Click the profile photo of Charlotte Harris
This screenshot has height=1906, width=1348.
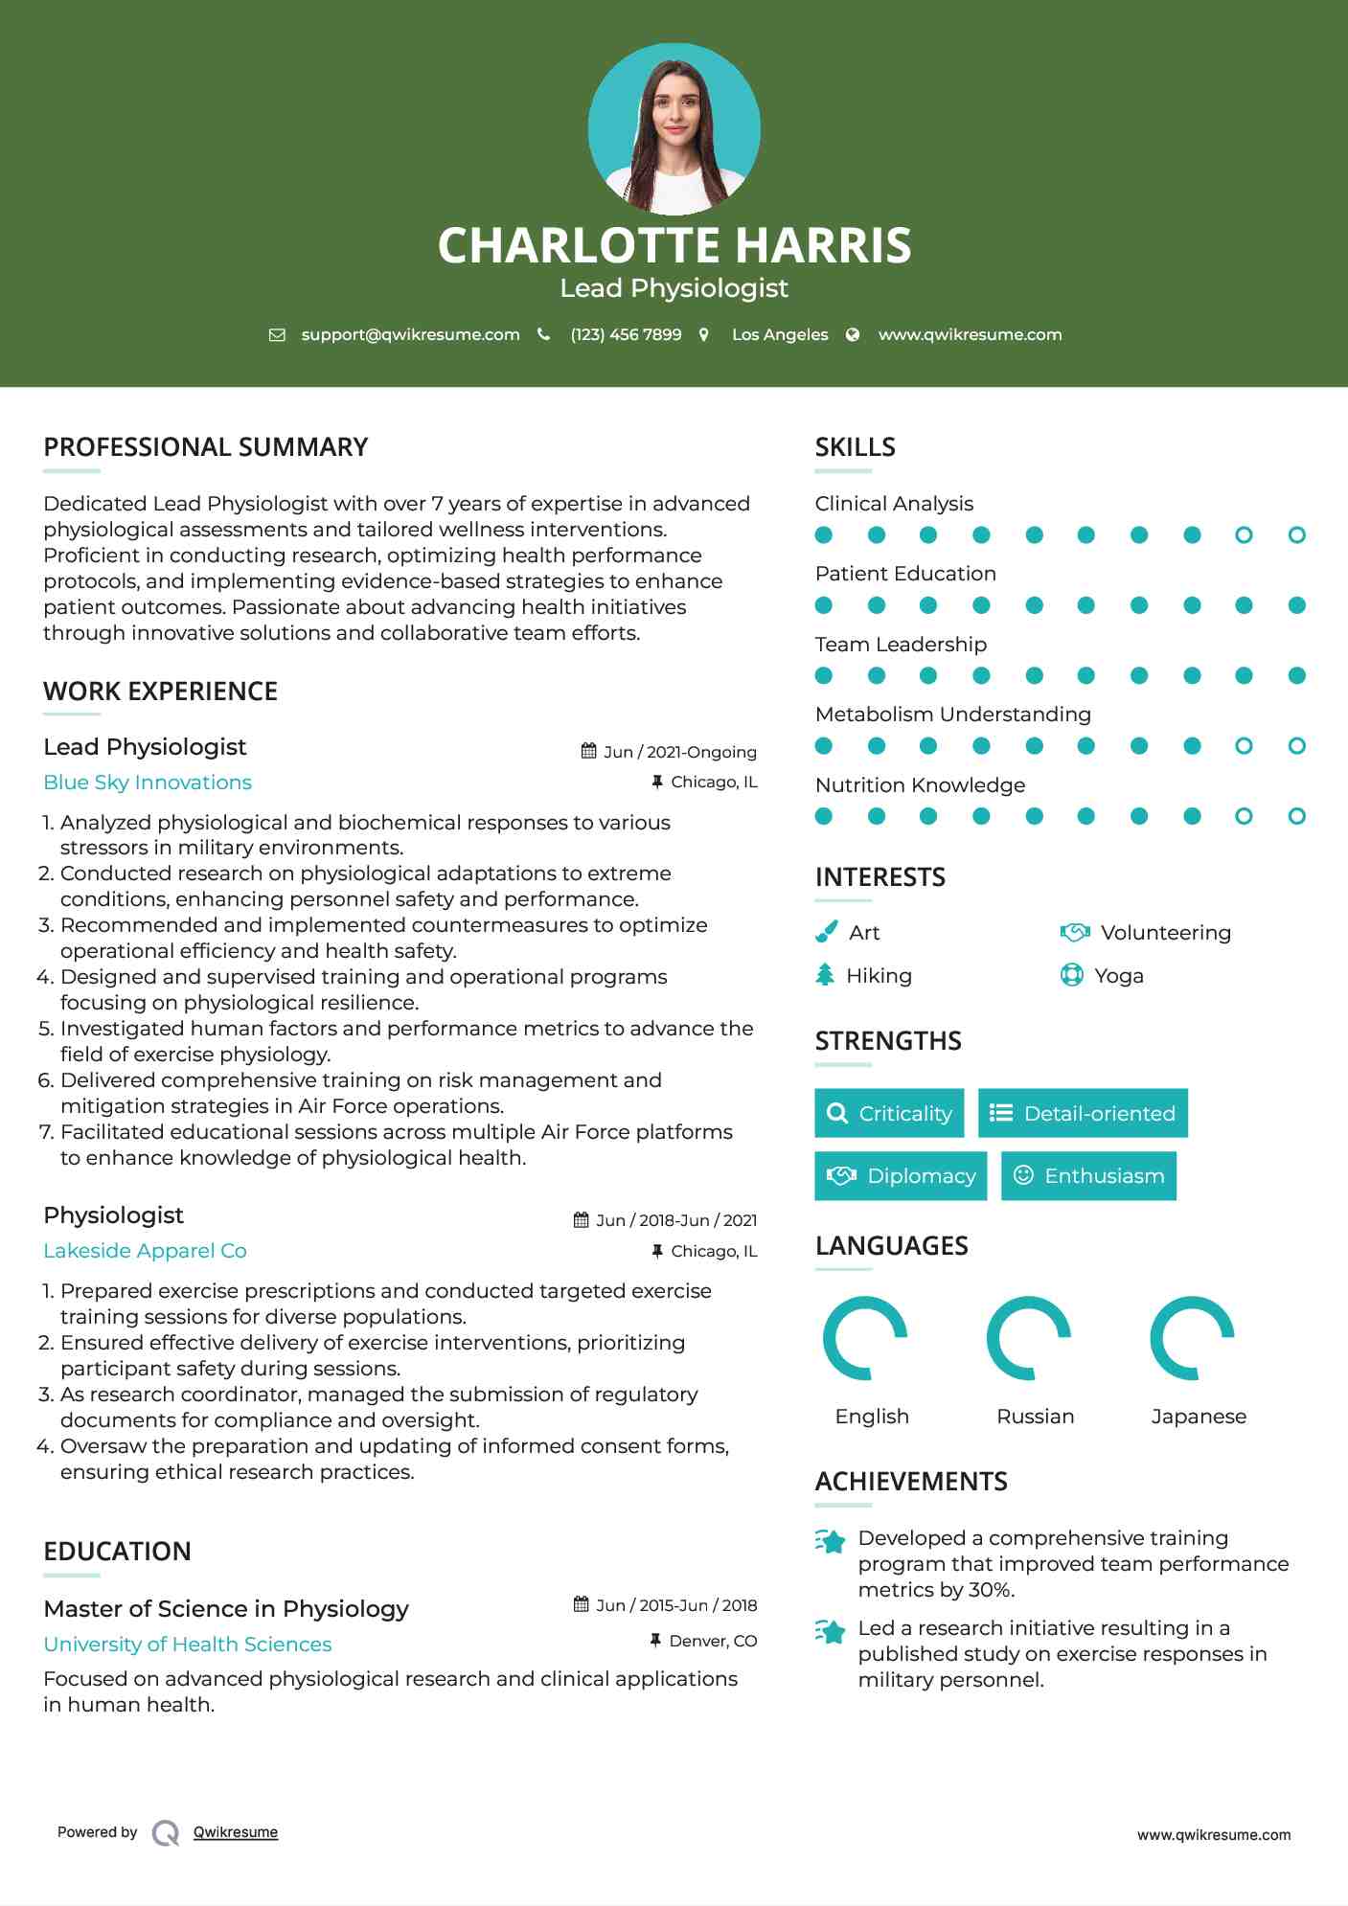point(674,129)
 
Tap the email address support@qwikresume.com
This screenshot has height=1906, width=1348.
point(410,334)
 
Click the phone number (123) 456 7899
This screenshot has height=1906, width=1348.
point(626,334)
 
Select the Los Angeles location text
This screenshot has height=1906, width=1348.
point(779,334)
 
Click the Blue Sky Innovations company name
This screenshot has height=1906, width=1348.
point(148,783)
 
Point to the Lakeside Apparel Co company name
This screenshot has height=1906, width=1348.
point(145,1251)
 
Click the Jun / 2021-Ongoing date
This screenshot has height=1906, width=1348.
point(679,752)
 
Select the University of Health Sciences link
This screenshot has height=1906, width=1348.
point(188,1645)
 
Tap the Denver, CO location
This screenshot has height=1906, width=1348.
point(713,1641)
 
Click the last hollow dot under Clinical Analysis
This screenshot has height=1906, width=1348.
point(1296,535)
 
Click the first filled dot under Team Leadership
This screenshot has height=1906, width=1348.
point(824,676)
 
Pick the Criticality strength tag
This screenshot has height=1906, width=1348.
point(889,1113)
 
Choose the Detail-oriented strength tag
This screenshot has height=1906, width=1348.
point(1083,1113)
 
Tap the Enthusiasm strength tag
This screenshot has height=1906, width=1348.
point(1088,1176)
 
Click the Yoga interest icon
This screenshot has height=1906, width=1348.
point(1071,975)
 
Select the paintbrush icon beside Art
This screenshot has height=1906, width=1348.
point(826,932)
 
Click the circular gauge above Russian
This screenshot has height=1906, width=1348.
point(1028,1338)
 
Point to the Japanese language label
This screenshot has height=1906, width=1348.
point(1198,1417)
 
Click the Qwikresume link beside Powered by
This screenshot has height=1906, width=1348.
point(236,1832)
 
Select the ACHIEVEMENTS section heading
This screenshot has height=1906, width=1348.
point(910,1482)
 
